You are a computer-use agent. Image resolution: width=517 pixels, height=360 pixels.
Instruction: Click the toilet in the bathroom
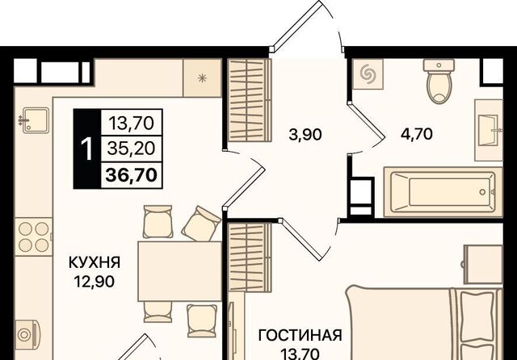[x=439, y=81]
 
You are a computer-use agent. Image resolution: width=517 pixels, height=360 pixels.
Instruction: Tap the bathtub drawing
[x=443, y=192]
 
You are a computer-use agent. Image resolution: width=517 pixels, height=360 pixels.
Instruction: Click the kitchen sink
[x=35, y=120]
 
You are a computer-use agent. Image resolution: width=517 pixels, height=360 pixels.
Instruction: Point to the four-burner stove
[x=33, y=237]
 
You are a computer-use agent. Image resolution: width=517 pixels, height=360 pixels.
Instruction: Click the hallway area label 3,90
[x=305, y=135]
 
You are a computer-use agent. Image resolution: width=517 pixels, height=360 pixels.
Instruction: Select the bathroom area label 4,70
[x=416, y=134]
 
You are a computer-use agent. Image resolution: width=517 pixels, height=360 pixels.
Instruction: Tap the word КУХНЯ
[x=95, y=262]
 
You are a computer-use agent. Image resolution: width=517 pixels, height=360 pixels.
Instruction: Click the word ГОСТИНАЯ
[x=300, y=335]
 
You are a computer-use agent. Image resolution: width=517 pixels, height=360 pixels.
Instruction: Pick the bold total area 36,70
[x=131, y=175]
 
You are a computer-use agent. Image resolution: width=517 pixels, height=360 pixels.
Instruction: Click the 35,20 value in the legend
[x=131, y=149]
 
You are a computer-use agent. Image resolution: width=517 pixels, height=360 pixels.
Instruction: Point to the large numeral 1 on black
[x=86, y=149]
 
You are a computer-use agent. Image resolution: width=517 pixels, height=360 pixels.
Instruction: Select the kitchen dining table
[x=179, y=271]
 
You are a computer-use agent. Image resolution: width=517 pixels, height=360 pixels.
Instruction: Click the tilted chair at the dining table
[x=201, y=223]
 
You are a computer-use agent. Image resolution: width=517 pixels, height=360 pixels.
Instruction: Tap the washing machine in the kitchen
[x=27, y=335]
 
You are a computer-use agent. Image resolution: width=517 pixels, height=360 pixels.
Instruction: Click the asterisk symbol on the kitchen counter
[x=202, y=78]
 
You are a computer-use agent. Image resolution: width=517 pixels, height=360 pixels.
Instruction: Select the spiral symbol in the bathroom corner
[x=368, y=73]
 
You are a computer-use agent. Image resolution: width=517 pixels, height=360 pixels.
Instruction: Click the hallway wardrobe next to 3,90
[x=250, y=100]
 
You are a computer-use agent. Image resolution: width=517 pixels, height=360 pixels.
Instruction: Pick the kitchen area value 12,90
[x=95, y=282]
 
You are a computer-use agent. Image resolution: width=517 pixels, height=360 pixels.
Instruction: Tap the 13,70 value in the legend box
[x=131, y=123]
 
